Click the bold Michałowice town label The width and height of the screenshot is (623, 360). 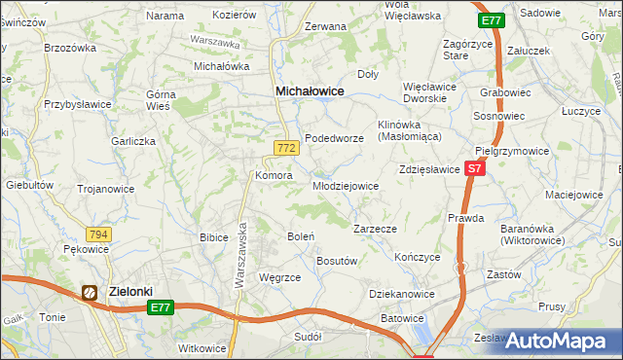[x=311, y=90]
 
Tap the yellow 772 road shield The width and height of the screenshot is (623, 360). [x=285, y=148]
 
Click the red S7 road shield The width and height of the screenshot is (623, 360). [x=474, y=168]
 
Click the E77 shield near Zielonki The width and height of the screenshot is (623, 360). [x=162, y=307]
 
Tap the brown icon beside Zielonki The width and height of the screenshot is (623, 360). [x=91, y=291]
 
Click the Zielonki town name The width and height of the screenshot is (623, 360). [x=131, y=290]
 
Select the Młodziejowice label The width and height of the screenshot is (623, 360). [x=345, y=185]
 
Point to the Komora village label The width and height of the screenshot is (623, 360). [x=274, y=175]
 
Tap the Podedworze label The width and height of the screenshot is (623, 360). [x=334, y=138]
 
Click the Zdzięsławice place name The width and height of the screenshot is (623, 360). [x=429, y=168]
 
